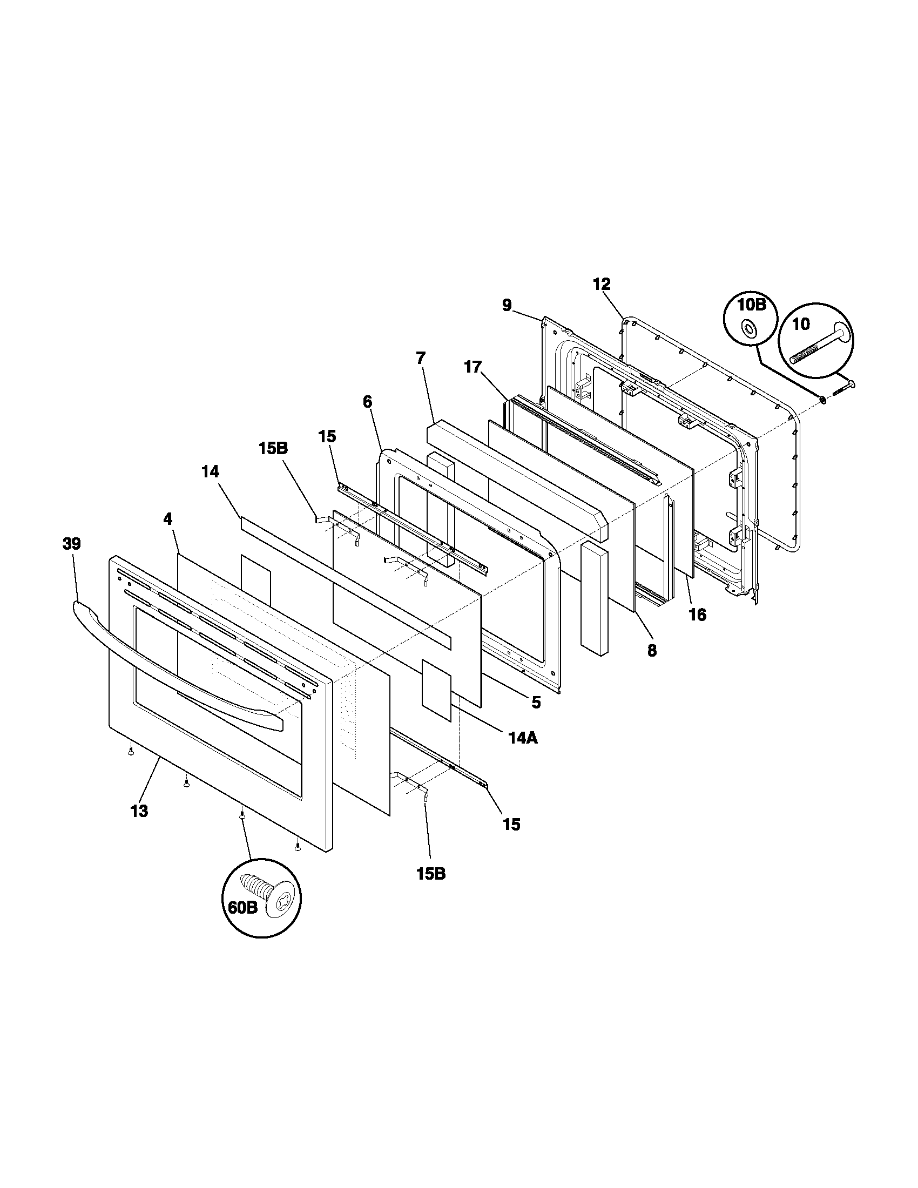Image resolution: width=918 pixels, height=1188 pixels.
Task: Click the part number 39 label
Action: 71,544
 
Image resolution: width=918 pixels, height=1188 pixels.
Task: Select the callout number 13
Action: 139,826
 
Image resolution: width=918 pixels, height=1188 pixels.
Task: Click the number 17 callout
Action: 473,368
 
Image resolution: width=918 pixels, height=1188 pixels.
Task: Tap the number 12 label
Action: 602,284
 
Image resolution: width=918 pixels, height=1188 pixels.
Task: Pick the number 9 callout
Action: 507,305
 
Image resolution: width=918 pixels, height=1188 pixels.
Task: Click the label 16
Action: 697,615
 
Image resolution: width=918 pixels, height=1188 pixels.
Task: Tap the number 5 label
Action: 536,702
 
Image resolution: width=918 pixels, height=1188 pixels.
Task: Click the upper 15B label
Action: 273,449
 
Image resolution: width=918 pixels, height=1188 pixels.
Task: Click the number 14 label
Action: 210,472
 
